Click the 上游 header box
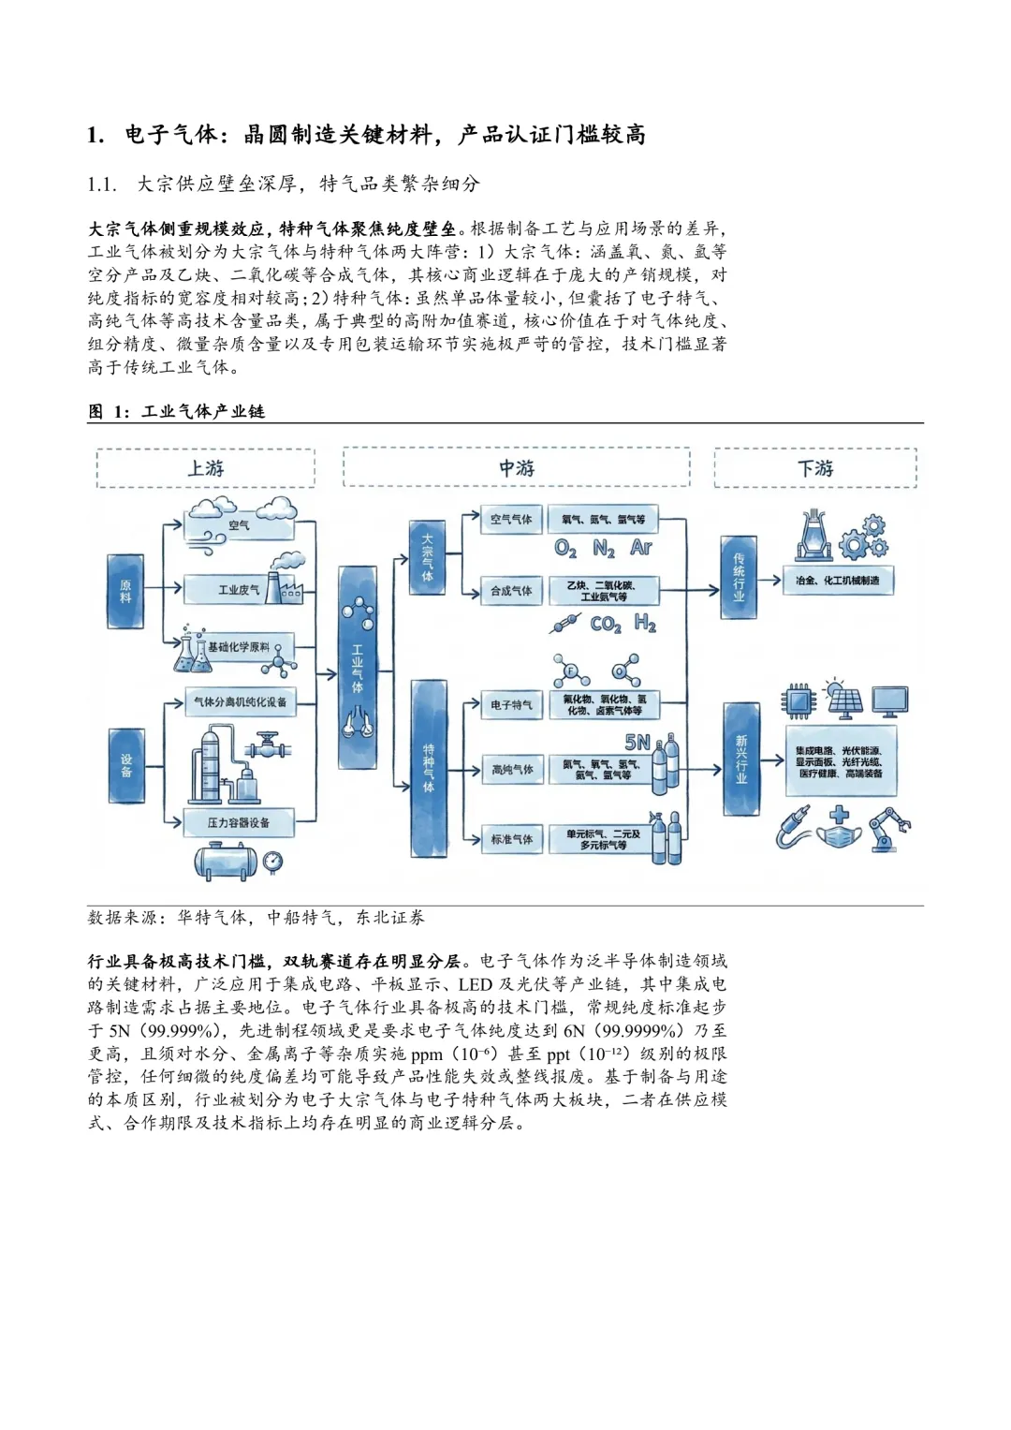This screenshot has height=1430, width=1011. [205, 468]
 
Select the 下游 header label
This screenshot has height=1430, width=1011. [814, 468]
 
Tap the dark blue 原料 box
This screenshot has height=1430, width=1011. [125, 591]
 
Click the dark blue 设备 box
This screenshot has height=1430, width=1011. [126, 765]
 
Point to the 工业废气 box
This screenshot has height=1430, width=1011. [240, 590]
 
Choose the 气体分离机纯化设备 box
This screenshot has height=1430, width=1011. [240, 702]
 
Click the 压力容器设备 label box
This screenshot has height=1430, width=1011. [239, 823]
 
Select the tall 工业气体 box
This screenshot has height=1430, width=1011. [357, 668]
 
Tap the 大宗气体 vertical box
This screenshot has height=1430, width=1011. [427, 557]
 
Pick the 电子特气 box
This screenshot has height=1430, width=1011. [511, 705]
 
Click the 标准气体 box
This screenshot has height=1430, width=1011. [511, 840]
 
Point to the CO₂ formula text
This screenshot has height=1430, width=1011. [606, 624]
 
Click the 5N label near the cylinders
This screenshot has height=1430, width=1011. [637, 743]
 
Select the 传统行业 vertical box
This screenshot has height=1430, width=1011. [739, 577]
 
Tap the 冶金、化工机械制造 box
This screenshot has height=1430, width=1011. [838, 581]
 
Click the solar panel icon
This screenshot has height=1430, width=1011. [844, 700]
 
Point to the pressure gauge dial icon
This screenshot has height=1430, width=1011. [272, 861]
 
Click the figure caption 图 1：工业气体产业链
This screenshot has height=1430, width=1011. [176, 411]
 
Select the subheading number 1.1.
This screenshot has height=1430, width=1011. [101, 184]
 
